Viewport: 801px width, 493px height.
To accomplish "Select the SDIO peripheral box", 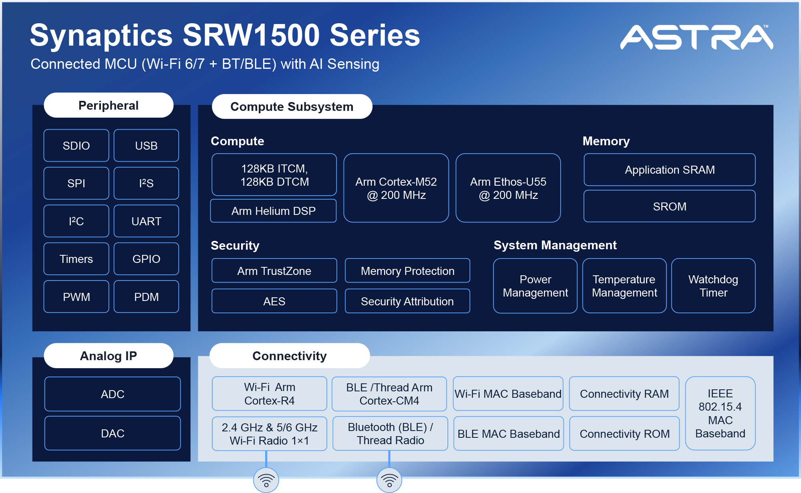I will pyautogui.click(x=76, y=146).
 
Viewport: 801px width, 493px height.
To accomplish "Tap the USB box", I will pyautogui.click(x=146, y=146).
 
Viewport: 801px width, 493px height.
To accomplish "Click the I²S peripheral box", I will pyautogui.click(x=146, y=183).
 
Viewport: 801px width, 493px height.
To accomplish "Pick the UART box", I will pyautogui.click(x=146, y=221).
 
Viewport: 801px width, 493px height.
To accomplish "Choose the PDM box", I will pyautogui.click(x=146, y=297).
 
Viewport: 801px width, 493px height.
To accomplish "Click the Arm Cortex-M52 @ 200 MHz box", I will pyautogui.click(x=396, y=188).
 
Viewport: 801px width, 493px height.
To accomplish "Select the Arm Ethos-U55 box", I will pyautogui.click(x=508, y=188).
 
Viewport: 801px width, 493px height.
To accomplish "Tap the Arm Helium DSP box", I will pyautogui.click(x=274, y=211).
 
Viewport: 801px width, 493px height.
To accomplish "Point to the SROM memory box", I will pyautogui.click(x=669, y=206).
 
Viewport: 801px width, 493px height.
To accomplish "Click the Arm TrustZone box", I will pyautogui.click(x=274, y=271).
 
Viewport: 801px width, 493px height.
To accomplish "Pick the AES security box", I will pyautogui.click(x=274, y=301).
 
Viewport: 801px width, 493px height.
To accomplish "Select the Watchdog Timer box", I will pyautogui.click(x=713, y=286).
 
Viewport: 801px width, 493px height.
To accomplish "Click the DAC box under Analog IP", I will pyautogui.click(x=113, y=433).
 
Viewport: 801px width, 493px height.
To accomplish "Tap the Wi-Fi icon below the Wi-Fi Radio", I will pyautogui.click(x=266, y=480).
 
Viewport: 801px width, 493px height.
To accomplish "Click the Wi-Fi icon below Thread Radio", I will pyautogui.click(x=389, y=480).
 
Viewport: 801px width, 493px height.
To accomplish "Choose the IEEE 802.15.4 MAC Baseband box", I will pyautogui.click(x=720, y=413).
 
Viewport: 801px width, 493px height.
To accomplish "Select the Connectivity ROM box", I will pyautogui.click(x=624, y=434).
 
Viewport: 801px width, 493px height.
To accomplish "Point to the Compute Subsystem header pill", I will pyautogui.click(x=292, y=107).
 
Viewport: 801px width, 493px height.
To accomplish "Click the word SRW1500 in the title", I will pyautogui.click(x=251, y=35).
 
